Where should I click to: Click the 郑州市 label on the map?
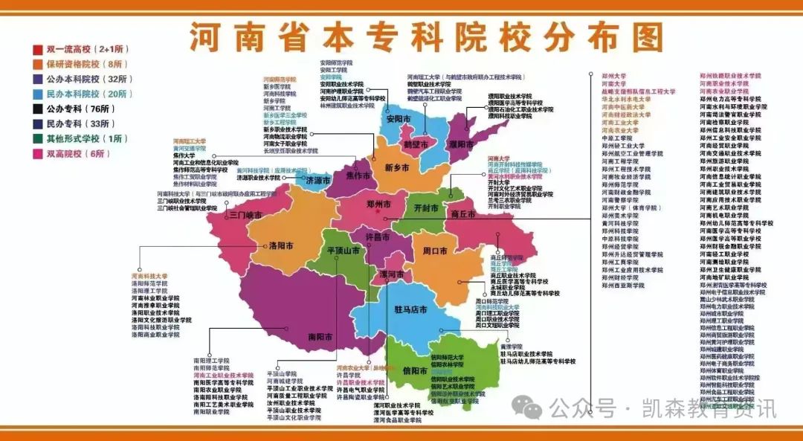(379, 203)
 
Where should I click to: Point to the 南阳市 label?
(322, 336)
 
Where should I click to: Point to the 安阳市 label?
(399, 118)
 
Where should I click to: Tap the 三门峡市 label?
(245, 215)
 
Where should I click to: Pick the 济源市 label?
(317, 180)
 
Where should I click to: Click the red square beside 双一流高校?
(36, 50)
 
